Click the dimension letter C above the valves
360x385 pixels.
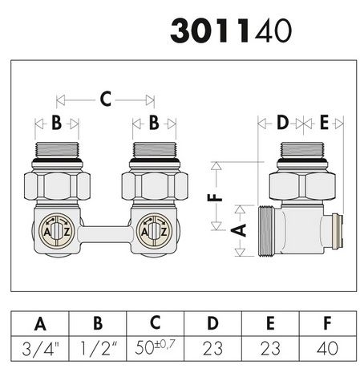[105, 100]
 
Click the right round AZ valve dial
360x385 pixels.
[152, 231]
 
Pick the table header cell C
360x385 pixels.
[156, 325]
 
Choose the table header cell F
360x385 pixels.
[326, 325]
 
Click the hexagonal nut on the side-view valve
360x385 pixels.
[300, 186]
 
